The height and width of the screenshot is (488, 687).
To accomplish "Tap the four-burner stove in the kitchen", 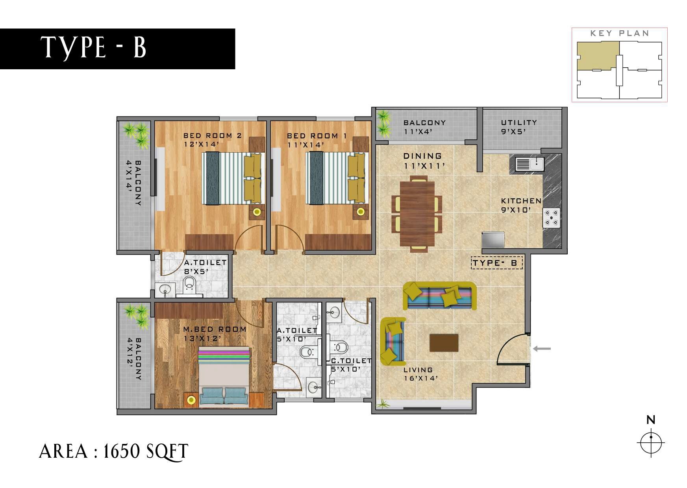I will [552, 218].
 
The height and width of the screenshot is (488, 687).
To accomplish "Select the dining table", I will [417, 213].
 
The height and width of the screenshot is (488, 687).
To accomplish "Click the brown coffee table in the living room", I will [444, 342].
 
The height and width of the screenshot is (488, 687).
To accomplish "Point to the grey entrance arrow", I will [542, 348].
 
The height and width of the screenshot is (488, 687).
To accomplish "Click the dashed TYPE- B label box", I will [497, 263].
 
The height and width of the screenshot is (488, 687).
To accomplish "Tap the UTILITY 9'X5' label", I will [518, 127].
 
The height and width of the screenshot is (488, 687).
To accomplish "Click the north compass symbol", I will [651, 442].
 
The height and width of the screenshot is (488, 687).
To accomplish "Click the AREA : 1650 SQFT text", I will [114, 451].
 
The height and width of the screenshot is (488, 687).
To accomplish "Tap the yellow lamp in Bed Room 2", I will [257, 212].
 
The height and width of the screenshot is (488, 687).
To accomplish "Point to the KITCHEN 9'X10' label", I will [521, 205].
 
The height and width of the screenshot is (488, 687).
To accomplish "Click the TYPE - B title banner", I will [117, 48].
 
